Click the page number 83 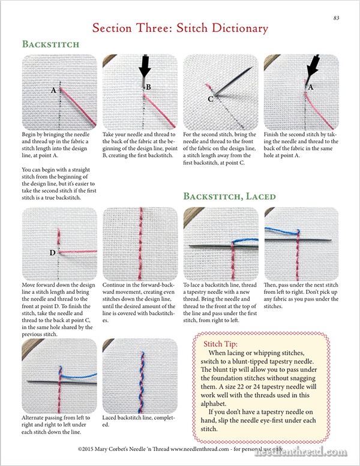[x=336, y=18]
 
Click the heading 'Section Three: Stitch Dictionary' [x=179, y=28]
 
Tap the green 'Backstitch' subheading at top [x=50, y=44]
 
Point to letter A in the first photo [x=53, y=90]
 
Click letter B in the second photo [x=149, y=87]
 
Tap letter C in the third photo [x=211, y=98]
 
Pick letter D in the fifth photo [x=52, y=252]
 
